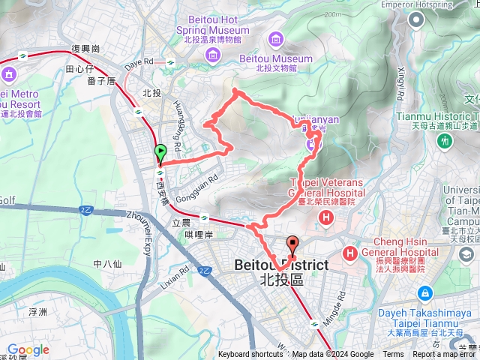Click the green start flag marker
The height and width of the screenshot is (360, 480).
160,153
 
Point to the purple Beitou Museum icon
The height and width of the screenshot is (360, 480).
277,39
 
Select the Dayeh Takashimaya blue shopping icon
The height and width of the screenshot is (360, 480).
425,292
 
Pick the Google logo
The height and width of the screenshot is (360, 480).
28,349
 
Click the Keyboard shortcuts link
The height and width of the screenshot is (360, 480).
250,355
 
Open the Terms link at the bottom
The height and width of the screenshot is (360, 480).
393,355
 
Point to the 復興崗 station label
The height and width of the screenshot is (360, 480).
86,48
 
